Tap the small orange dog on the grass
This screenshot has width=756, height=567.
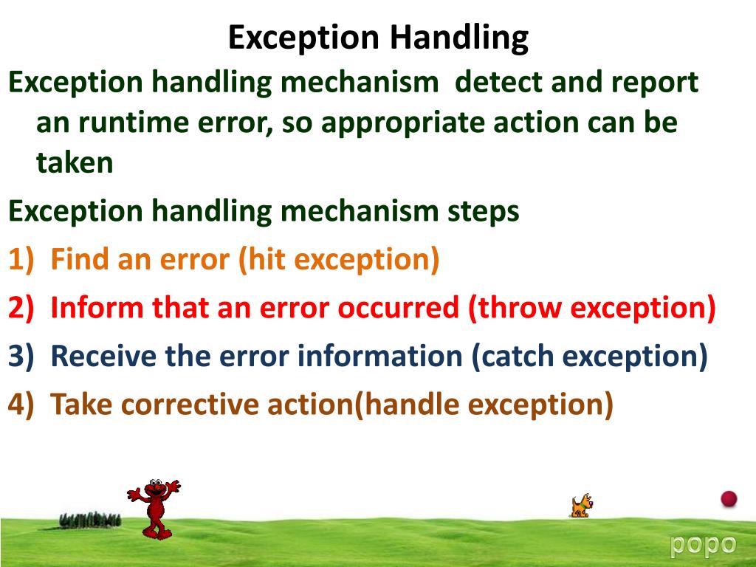581,506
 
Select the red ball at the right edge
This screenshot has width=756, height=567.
729,498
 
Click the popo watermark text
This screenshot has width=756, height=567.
703,545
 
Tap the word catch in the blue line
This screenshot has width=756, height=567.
520,357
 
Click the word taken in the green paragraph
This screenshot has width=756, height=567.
75,163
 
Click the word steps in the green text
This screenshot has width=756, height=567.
484,212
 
